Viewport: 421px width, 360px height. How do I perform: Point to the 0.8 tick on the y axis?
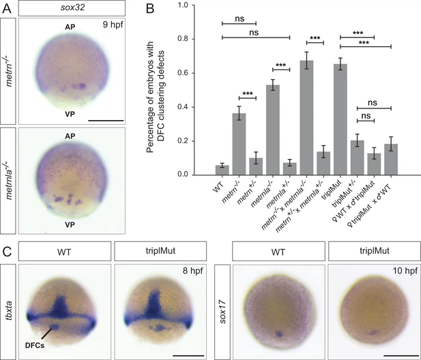tap(185, 38)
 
